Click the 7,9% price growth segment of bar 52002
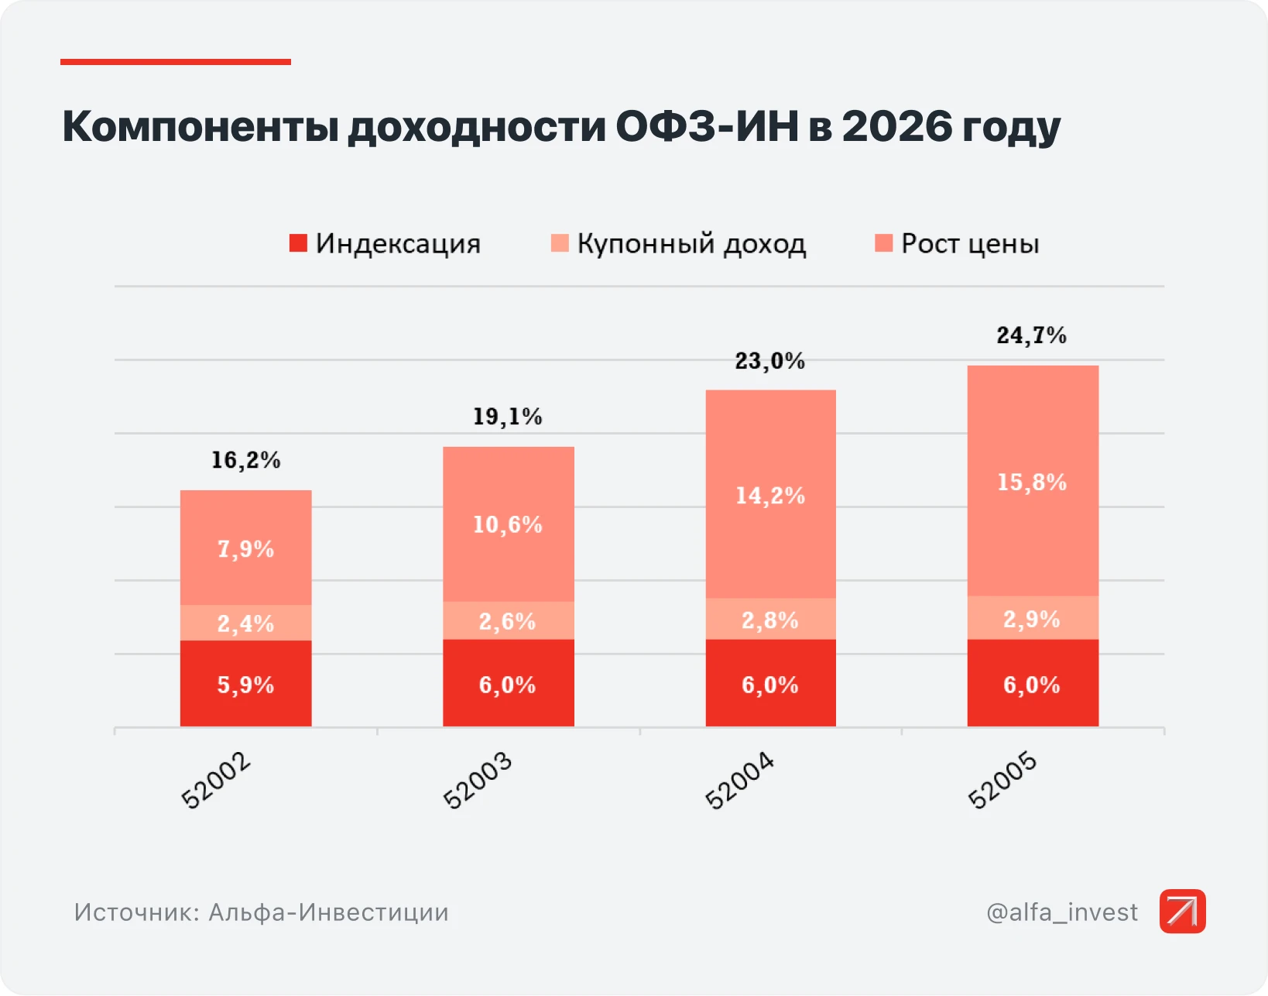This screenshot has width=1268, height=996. coord(245,548)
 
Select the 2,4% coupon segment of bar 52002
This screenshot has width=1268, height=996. coord(245,623)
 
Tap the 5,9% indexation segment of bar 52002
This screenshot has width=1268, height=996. coord(245,684)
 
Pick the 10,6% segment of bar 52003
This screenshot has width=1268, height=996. coord(509,524)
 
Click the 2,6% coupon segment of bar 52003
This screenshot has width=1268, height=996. coord(509,620)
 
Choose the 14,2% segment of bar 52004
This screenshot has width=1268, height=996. coord(771,494)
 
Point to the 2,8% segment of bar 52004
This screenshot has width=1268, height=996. coord(771,619)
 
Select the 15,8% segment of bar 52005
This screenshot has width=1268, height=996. coord(1033,481)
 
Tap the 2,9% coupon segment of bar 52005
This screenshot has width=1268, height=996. coord(1033,618)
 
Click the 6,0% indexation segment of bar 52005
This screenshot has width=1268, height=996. coord(1033,684)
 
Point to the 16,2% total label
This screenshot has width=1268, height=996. coord(245,461)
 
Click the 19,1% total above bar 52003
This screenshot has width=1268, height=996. coord(508,417)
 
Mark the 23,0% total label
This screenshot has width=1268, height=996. coord(770,362)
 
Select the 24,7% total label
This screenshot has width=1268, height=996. coord(1032,335)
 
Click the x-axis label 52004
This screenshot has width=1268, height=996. coord(740,781)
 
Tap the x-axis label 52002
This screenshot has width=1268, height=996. coord(216,781)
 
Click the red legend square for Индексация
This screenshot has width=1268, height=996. coord(298,243)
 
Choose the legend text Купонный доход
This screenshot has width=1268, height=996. coord(691,244)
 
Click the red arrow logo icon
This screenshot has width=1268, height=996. coord(1182,912)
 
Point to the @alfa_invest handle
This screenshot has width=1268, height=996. coord(1062,912)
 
